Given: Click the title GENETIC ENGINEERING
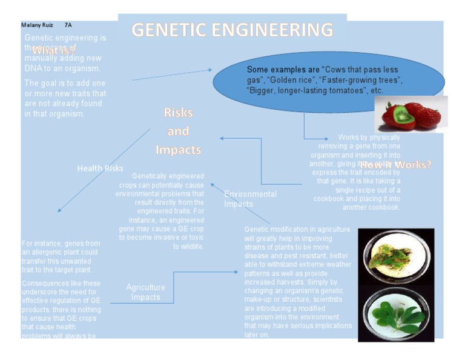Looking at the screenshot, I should tap(232, 30).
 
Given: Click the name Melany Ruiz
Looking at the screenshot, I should tap(37, 25).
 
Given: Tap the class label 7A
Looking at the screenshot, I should tap(68, 25).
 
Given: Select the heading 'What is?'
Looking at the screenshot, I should tap(54, 51).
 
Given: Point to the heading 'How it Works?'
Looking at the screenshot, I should tap(395, 164).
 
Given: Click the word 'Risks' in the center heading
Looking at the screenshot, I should tap(178, 113).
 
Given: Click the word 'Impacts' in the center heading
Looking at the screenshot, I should tap(178, 150).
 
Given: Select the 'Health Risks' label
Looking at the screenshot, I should tap(100, 168).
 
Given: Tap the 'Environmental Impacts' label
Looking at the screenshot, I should tap(250, 199).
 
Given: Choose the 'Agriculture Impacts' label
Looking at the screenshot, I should tap(145, 292).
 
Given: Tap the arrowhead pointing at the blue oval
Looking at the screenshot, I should tap(209, 70).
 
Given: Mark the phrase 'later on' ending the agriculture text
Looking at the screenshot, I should tap(257, 335).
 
